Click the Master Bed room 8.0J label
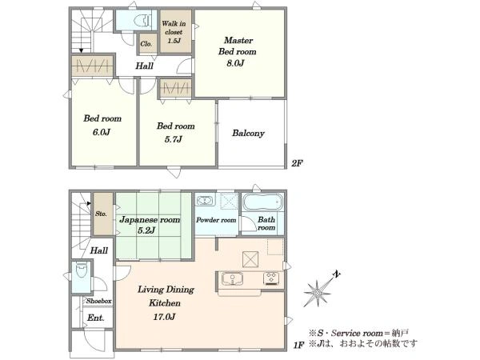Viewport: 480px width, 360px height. click(238, 51)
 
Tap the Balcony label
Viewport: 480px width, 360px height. click(248, 133)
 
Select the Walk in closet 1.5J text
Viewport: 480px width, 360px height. click(174, 32)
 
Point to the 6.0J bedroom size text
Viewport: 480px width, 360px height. click(102, 132)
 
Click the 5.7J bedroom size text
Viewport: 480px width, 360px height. click(174, 139)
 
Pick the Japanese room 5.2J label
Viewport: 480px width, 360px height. click(150, 225)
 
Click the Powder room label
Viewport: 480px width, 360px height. click(216, 220)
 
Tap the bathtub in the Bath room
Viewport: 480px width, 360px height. click(262, 202)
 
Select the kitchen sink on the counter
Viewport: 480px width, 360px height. click(232, 278)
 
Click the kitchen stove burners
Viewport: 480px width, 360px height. click(271, 278)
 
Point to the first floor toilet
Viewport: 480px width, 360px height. click(82, 270)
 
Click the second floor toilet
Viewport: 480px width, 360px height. click(143, 21)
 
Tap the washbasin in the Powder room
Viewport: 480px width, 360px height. click(205, 201)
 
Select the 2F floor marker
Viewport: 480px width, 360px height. click(297, 163)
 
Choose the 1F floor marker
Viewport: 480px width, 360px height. click(298, 346)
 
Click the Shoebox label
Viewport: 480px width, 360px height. click(98, 301)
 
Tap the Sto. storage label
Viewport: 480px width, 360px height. click(101, 214)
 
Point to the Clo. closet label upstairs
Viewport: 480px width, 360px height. click(146, 44)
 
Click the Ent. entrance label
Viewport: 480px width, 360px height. click(95, 318)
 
